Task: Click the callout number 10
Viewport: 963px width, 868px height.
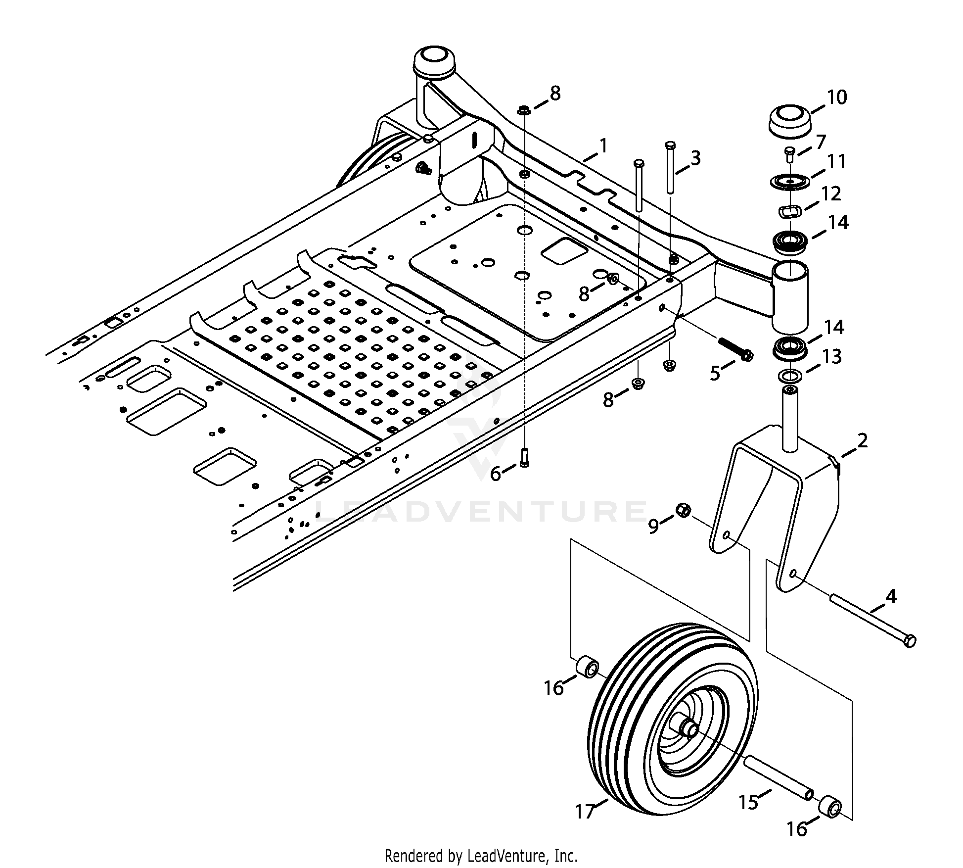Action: [x=836, y=97]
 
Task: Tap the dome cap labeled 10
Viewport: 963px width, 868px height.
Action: [x=789, y=121]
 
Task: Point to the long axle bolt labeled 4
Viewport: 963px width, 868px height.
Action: [x=872, y=622]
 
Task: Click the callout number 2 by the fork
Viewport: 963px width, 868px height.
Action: [x=862, y=440]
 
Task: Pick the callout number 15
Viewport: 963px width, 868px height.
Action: [x=749, y=802]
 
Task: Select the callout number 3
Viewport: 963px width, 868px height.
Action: [x=695, y=158]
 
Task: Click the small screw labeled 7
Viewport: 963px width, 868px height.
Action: [x=790, y=155]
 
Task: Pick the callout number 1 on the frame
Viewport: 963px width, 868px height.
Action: [x=603, y=146]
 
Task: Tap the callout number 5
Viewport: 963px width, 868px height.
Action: [x=715, y=373]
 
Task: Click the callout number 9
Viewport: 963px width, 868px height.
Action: [x=653, y=527]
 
